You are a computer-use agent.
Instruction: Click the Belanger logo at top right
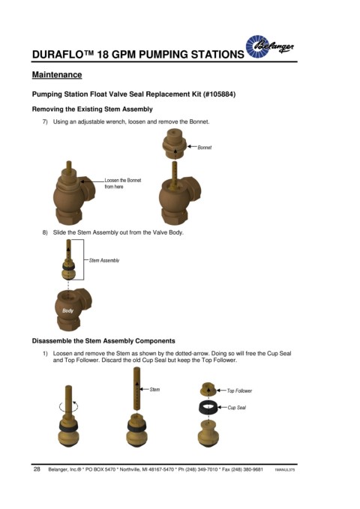[x=270, y=46]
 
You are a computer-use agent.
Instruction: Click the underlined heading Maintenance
[x=57, y=75]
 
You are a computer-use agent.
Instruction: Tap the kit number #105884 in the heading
[x=219, y=94]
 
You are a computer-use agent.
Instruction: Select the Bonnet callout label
[x=204, y=148]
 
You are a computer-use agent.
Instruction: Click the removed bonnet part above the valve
[x=175, y=142]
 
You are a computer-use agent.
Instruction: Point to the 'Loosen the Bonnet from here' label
[x=123, y=184]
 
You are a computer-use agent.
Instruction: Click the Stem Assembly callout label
[x=104, y=260]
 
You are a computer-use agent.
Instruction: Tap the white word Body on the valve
[x=68, y=310]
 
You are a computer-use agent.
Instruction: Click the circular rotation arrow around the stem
[x=68, y=406]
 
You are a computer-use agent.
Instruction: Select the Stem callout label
[x=154, y=390]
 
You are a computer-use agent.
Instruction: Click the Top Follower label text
[x=239, y=391]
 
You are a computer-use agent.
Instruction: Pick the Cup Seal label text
[x=236, y=407]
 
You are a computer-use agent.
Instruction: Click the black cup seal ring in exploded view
[x=208, y=408]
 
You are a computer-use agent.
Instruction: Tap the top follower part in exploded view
[x=208, y=389]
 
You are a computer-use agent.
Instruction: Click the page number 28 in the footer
[x=37, y=469]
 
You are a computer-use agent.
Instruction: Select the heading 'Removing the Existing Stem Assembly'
[x=92, y=109]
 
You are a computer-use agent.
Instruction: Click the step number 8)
[x=45, y=232]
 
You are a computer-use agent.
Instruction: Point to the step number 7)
[x=45, y=121]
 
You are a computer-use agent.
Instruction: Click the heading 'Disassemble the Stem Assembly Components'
[x=103, y=341]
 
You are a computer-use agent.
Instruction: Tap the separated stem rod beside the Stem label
[x=136, y=388]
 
